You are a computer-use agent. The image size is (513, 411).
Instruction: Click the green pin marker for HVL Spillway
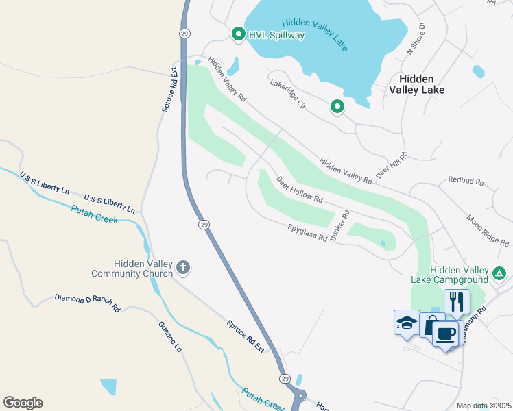(239, 34)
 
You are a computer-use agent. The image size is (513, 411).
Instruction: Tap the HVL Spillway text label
(276, 35)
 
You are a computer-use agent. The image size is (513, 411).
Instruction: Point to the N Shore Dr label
(416, 39)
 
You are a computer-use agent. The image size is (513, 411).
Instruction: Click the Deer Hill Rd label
(392, 166)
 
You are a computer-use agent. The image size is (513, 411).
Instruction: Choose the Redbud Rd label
(466, 182)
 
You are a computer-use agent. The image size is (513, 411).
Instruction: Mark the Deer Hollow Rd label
(299, 190)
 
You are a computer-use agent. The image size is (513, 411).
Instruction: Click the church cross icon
(182, 266)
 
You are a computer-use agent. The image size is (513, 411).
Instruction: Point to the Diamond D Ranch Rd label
(87, 303)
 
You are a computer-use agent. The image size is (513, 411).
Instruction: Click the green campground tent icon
(500, 274)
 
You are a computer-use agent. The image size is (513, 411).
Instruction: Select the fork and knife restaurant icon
(457, 301)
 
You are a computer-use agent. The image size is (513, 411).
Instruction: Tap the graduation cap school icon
(406, 321)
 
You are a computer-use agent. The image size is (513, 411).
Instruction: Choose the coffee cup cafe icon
(446, 334)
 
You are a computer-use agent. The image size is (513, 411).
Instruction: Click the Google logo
(23, 403)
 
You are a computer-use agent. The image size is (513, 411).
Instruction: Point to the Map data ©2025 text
(483, 406)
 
